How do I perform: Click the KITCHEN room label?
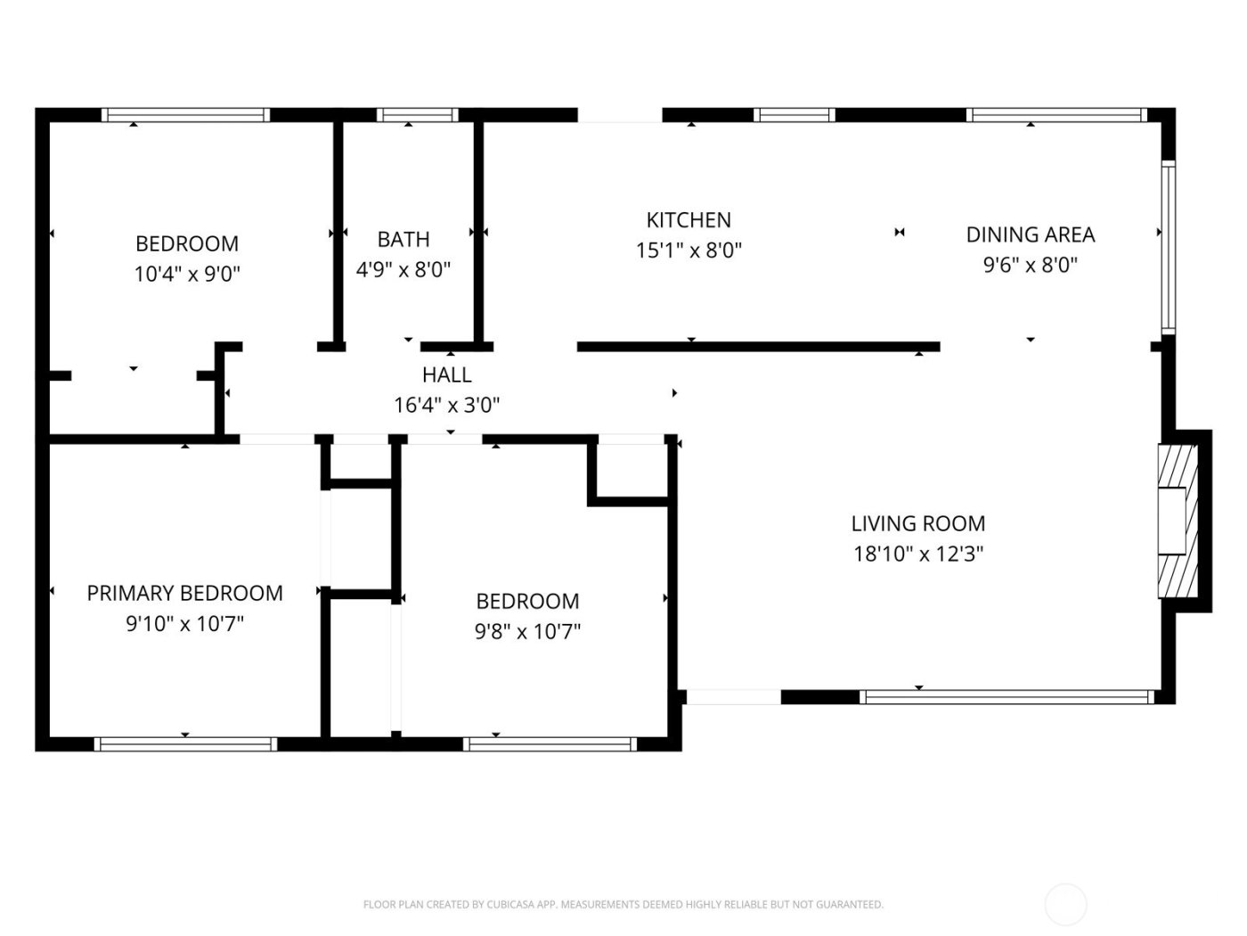[x=689, y=220]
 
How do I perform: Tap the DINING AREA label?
[x=1031, y=234]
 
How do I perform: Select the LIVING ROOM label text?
[x=918, y=524]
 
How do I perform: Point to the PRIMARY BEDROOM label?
[x=184, y=593]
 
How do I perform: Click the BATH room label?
[x=403, y=239]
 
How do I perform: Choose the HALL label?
[x=447, y=375]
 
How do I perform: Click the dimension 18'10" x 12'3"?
[x=918, y=554]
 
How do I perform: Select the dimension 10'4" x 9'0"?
[x=187, y=274]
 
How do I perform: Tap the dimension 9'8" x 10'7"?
[x=527, y=632]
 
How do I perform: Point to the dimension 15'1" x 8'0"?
[x=689, y=250]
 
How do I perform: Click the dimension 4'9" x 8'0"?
[x=403, y=269]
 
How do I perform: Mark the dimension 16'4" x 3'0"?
[x=447, y=406]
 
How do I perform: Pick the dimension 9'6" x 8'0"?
[x=1031, y=265]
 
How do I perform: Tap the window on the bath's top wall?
[x=417, y=115]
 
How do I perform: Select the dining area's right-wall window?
[x=1168, y=248]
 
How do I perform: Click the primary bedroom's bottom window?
[x=185, y=744]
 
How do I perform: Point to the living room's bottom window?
[x=1009, y=697]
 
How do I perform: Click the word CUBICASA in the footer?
[x=509, y=905]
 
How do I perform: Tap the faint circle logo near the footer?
[x=1065, y=904]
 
